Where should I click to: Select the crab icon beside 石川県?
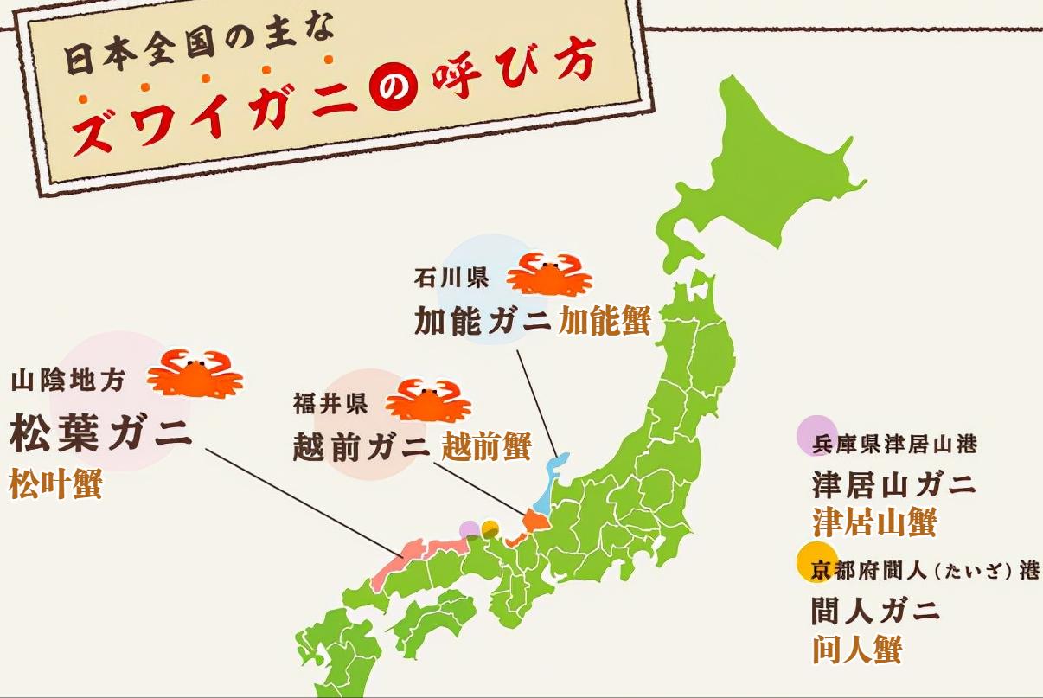pos(549,274)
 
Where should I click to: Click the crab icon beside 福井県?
pos(427,400)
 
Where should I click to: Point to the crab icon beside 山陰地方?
pos(195,373)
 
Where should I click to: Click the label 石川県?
pos(451,279)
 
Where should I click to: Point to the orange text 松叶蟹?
pos(55,485)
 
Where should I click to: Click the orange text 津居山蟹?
pos(874,522)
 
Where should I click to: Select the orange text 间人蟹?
pos(856,649)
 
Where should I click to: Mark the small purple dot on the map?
pos(470,528)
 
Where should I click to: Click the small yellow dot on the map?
pos(490,528)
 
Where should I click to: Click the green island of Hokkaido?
pos(761,164)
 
